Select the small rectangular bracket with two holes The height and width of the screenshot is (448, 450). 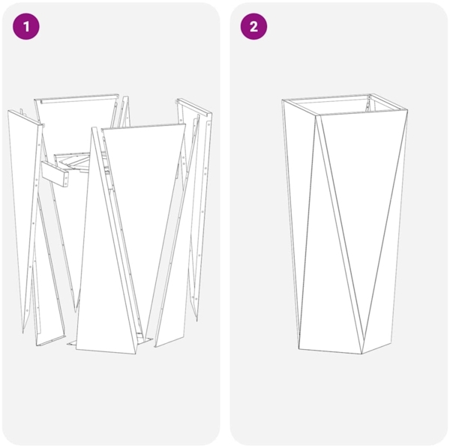point(56,173)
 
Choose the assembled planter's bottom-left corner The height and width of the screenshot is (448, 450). point(298,348)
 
